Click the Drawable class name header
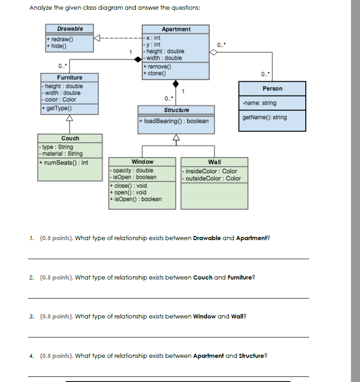tap(70, 29)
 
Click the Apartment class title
tap(176, 29)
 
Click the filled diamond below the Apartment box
tap(176, 83)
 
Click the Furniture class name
tap(69, 77)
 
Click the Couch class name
tap(70, 138)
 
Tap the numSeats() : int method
tap(65, 163)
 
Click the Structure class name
tap(176, 110)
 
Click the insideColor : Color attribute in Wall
tap(211, 171)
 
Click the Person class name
tap(272, 89)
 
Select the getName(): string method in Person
tap(265, 117)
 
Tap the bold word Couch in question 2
tap(202, 278)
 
